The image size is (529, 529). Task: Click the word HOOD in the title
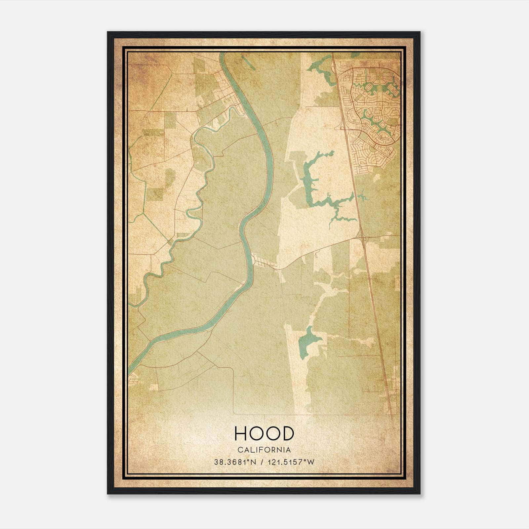click(x=264, y=433)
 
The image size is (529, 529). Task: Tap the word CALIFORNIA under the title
click(x=264, y=450)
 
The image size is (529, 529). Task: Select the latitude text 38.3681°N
click(x=235, y=462)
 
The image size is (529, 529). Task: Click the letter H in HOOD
click(x=240, y=433)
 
